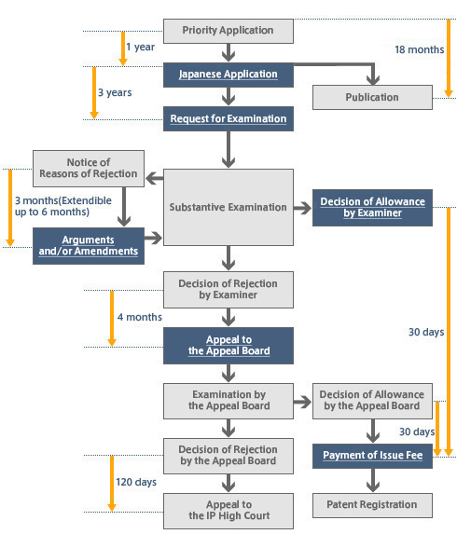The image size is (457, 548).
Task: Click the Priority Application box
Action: click(x=228, y=31)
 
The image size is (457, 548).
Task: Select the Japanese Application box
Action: click(x=228, y=74)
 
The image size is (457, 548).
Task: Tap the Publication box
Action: click(x=372, y=97)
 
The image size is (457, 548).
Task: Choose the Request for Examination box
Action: click(x=228, y=119)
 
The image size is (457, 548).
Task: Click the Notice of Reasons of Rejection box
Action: click(x=90, y=168)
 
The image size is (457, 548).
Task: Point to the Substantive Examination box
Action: click(x=228, y=207)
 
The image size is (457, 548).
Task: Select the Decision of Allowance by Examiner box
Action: click(x=372, y=207)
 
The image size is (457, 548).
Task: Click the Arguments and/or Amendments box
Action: click(x=90, y=245)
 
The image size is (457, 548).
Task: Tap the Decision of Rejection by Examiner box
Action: click(x=228, y=290)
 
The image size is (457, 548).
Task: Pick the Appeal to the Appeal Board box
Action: click(x=228, y=345)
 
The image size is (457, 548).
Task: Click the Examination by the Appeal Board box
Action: click(x=228, y=400)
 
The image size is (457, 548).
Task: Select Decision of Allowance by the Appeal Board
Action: click(x=372, y=400)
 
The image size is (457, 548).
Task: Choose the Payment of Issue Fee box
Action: click(x=372, y=456)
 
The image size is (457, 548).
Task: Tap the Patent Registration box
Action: click(x=372, y=505)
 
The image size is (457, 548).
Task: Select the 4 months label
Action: click(x=140, y=317)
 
